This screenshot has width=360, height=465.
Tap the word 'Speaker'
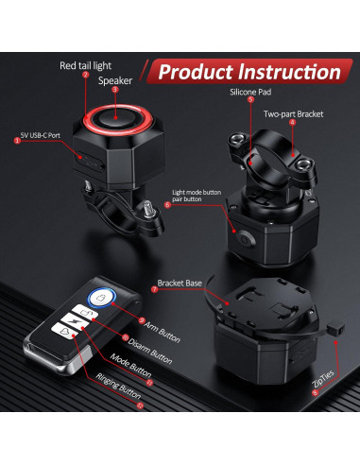pyautogui.click(x=115, y=81)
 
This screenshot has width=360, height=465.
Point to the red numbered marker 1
pyautogui.click(x=16, y=140)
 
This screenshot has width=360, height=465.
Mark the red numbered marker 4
pyautogui.click(x=292, y=122)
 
